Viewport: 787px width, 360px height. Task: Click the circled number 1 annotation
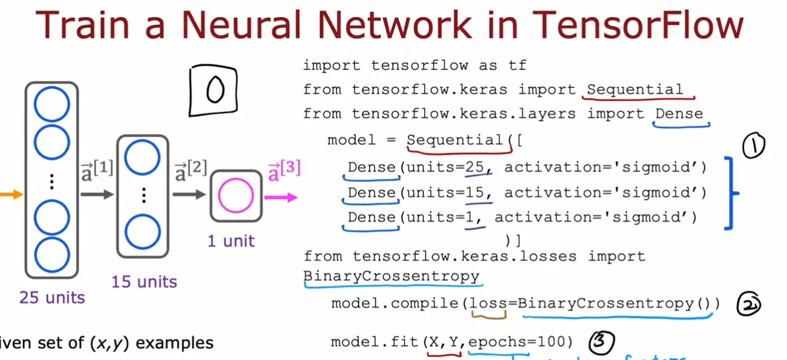click(753, 146)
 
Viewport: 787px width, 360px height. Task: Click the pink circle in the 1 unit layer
click(235, 196)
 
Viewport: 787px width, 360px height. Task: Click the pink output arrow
click(281, 196)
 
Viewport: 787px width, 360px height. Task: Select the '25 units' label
click(52, 298)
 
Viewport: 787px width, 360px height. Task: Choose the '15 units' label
click(144, 282)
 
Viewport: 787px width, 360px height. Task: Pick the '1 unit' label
click(231, 241)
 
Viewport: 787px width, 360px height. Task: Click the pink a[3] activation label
click(284, 173)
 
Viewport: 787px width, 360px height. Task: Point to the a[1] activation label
click(97, 171)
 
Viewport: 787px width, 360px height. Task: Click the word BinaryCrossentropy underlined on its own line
click(392, 276)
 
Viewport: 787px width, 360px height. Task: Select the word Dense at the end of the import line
click(679, 114)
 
